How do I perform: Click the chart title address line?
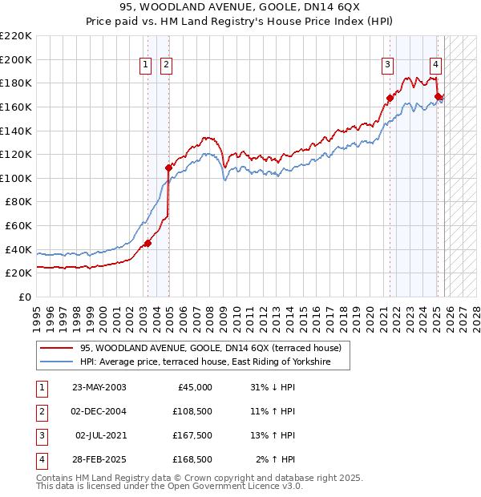tap(240, 8)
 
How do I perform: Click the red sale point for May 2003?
tap(148, 244)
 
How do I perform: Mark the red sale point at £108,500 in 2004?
tap(168, 168)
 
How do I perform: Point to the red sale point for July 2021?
tap(390, 98)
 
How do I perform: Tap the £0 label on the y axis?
tap(24, 297)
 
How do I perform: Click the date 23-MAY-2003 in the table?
tap(99, 387)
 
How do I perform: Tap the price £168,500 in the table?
tap(192, 459)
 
